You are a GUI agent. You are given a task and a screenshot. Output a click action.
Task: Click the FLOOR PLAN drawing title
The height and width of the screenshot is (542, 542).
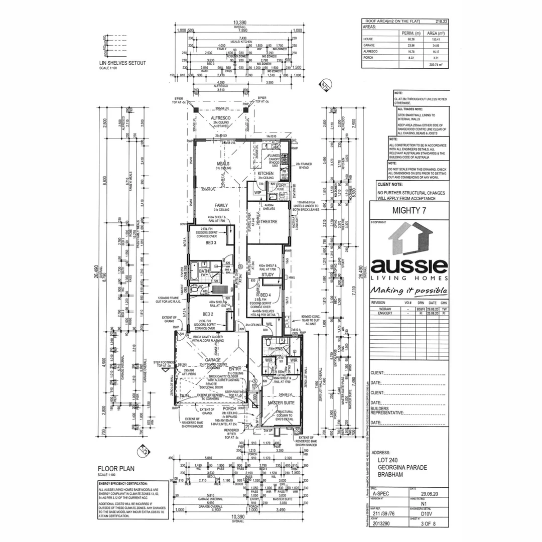114,469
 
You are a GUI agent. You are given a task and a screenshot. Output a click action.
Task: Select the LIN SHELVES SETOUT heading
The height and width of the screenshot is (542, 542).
122,63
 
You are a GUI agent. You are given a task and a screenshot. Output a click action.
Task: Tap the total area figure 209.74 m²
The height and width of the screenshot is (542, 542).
435,65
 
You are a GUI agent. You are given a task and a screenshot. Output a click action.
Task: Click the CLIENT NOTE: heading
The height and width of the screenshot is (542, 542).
391,185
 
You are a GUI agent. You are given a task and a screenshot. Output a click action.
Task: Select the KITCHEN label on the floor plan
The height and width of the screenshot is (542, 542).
265,173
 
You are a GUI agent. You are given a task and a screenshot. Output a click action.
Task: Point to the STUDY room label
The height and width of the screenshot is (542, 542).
267,275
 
